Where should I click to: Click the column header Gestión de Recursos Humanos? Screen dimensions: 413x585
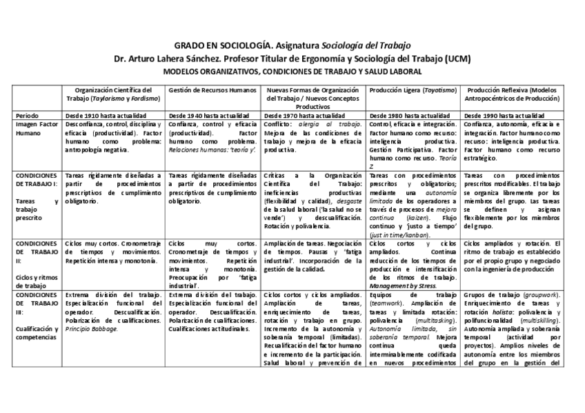tap(202, 90)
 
